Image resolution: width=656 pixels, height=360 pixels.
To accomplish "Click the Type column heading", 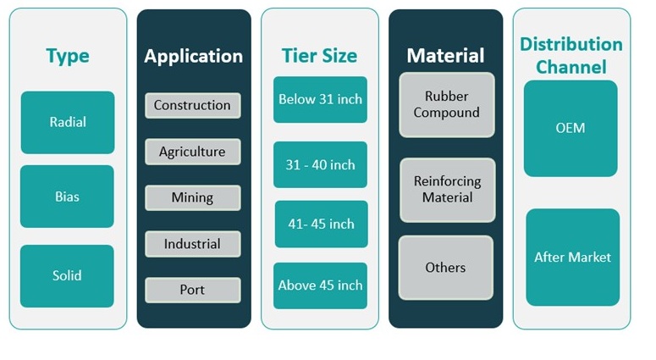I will click(x=67, y=56).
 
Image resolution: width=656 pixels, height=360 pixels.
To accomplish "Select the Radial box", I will click(x=67, y=122).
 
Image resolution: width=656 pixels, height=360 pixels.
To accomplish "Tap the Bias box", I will click(x=67, y=197).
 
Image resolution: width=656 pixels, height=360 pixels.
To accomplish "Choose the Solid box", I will click(x=67, y=275).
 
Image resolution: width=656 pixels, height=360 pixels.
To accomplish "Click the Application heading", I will click(x=193, y=56).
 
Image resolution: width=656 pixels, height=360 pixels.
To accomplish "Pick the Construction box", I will click(x=192, y=105).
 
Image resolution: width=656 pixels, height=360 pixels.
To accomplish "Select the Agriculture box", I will click(x=192, y=152).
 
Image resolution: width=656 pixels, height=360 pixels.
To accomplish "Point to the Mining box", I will click(x=192, y=197).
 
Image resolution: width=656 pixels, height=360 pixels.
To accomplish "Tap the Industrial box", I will click(x=192, y=244).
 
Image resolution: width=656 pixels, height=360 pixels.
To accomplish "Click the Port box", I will click(x=192, y=290).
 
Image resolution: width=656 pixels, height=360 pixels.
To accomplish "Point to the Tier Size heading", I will click(x=320, y=56).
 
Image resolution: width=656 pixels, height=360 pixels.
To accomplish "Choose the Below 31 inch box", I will click(x=320, y=99).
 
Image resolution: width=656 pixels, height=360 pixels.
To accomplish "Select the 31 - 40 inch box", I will click(x=320, y=164).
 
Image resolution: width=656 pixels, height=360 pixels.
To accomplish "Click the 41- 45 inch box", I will click(x=320, y=224).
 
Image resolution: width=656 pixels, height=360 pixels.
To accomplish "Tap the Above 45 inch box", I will click(x=320, y=285).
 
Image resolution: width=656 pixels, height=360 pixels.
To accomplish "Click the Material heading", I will click(x=445, y=56).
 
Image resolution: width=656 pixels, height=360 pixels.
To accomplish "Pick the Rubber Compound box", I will click(x=446, y=104).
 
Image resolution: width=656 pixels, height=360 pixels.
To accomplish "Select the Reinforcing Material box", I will click(x=446, y=190).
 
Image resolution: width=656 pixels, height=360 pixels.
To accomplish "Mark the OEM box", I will click(x=571, y=128).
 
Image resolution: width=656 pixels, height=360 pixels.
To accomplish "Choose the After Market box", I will click(x=572, y=257).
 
